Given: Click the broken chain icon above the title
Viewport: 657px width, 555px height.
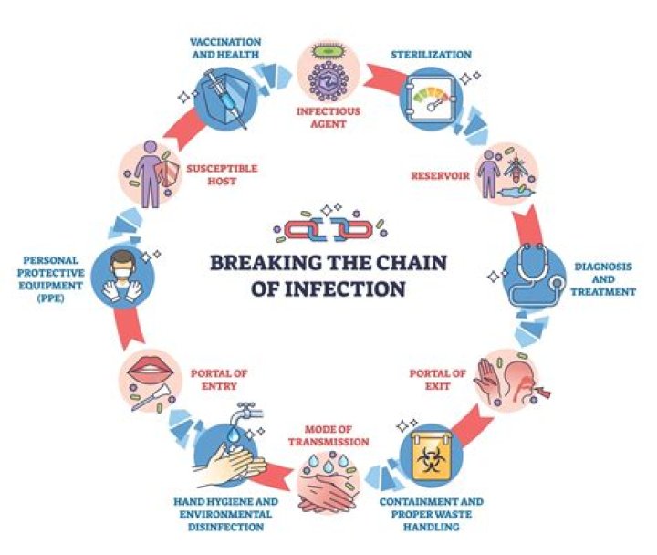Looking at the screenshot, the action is point(328,228).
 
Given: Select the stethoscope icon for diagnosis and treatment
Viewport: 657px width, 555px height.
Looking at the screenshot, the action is point(537,274).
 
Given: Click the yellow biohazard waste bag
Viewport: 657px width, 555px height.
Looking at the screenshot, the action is point(431,456).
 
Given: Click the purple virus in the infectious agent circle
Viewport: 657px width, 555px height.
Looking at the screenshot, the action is point(328,80).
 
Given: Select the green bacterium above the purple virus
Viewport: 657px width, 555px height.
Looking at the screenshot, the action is point(328,50).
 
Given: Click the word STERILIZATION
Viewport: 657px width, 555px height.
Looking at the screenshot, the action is point(431,55).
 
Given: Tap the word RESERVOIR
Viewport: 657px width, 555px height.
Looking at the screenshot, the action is point(440,175).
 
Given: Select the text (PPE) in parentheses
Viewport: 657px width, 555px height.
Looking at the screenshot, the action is point(49,298).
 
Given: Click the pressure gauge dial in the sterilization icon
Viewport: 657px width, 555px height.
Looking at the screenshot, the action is point(432,99).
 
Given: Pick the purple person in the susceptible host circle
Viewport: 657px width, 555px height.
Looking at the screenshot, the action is point(148,174).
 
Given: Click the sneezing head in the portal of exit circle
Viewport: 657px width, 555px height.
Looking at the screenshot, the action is point(518,381).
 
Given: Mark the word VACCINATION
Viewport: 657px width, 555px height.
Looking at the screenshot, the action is point(225,42).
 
